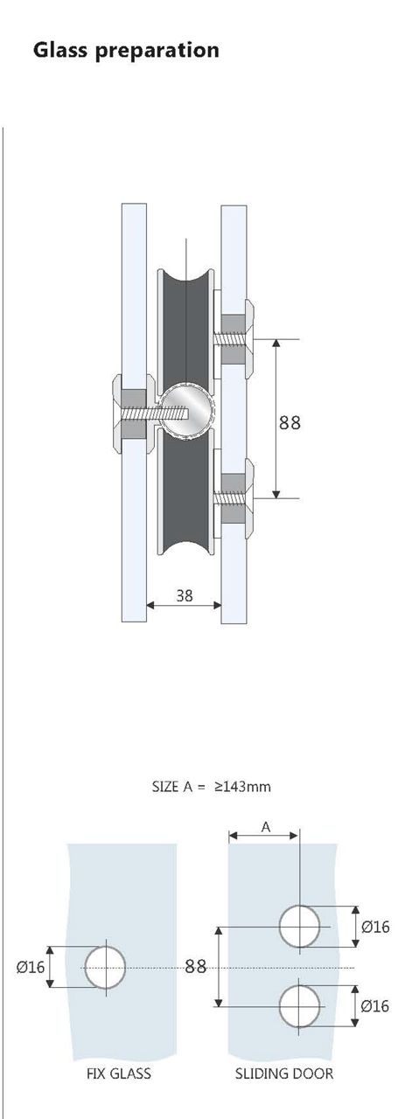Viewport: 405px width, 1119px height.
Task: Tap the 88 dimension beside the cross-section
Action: [290, 422]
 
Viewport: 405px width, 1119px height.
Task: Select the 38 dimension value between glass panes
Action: [185, 596]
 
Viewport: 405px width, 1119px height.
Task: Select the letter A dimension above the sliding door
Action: [263, 826]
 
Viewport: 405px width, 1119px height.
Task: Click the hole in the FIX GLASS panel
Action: [106, 968]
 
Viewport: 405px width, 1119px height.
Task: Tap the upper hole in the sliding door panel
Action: [300, 926]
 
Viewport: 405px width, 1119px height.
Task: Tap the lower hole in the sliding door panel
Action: [300, 1006]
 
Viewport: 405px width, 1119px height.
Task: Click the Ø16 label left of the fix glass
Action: [31, 967]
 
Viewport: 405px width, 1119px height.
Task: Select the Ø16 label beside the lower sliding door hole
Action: [375, 1006]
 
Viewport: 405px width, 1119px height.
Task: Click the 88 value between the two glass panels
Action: [195, 967]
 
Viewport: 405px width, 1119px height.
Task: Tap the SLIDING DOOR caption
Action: [284, 1073]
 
